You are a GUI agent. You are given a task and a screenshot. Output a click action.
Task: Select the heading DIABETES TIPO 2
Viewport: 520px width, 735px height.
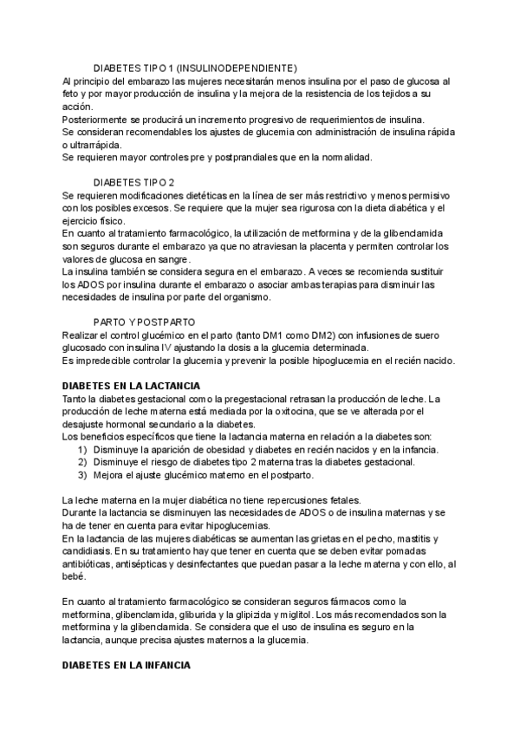click(133, 182)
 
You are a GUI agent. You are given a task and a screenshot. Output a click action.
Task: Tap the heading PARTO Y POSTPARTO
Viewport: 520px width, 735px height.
click(144, 322)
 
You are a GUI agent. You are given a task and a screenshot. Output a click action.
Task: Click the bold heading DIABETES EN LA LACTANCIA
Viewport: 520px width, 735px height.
click(132, 385)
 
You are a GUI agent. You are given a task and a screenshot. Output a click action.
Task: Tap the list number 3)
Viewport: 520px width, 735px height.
click(82, 475)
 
